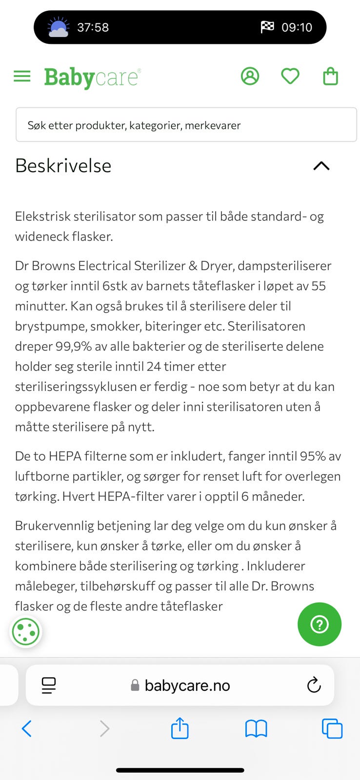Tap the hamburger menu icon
tap(22, 76)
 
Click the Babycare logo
tap(92, 77)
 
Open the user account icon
tap(250, 76)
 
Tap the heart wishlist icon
tap(290, 76)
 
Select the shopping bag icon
tap(330, 77)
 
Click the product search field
tap(186, 125)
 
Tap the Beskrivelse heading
tap(63, 166)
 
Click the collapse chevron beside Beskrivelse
tap(321, 166)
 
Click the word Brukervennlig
tap(54, 526)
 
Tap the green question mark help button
tap(320, 624)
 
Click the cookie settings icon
tap(25, 632)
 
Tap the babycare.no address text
tap(187, 685)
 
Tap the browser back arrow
tap(27, 729)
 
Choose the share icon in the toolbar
tap(180, 728)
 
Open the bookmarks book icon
tap(256, 729)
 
